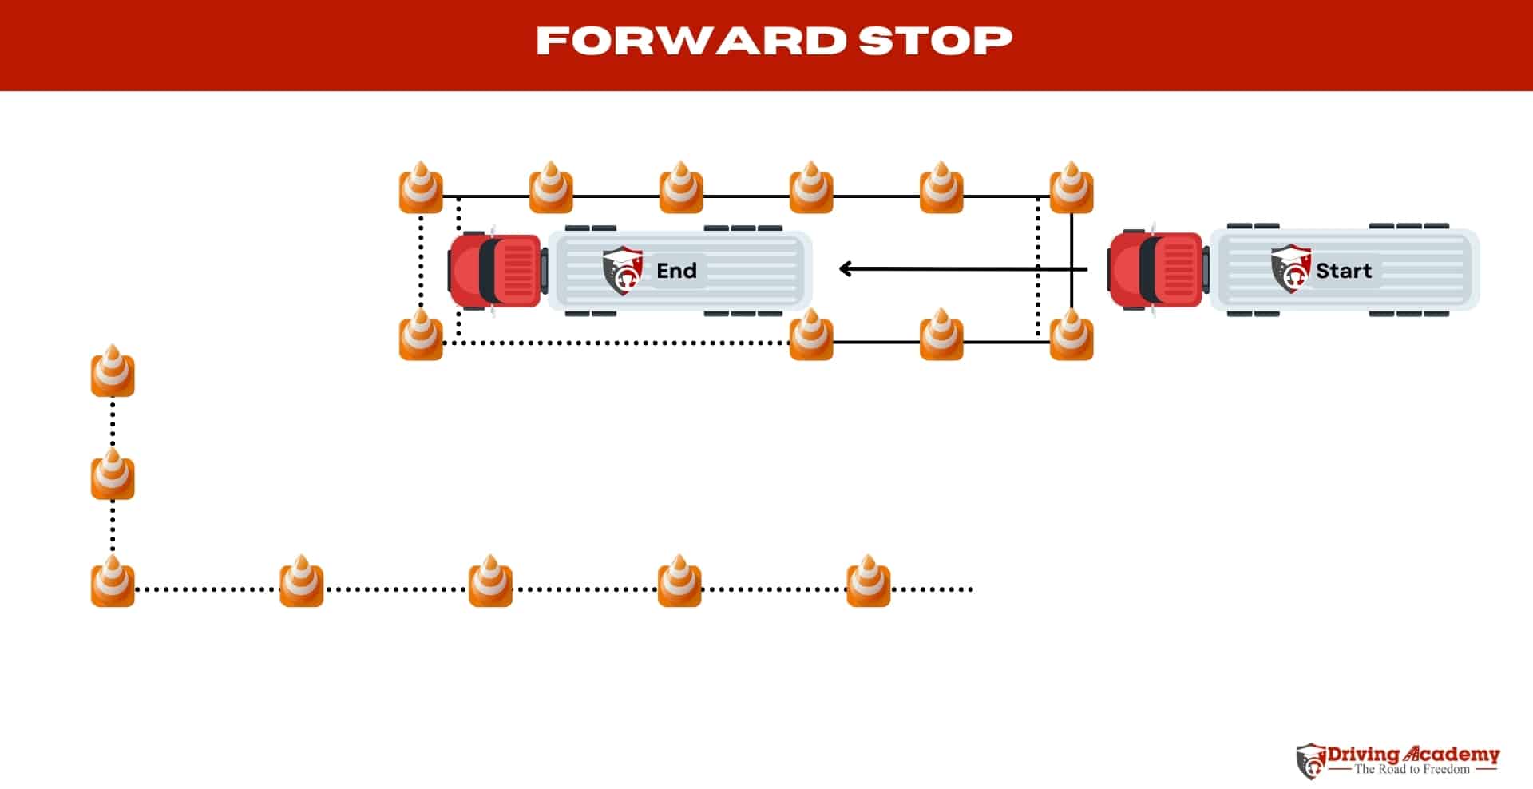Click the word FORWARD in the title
pos(691,41)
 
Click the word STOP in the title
pos(935,41)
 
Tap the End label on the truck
pos(676,271)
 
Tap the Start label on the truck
pos(1344,271)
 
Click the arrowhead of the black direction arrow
pos(846,269)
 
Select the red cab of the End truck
pos(494,270)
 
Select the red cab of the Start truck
pos(1155,269)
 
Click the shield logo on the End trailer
pos(623,270)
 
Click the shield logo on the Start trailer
pos(1290,269)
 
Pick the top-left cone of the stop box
pos(421,188)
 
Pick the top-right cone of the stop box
pos(1071,188)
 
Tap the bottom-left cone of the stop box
pos(421,335)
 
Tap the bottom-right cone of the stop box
pos(1071,335)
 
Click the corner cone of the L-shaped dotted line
pos(113,582)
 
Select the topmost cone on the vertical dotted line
pos(113,371)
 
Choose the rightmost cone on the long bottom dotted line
pos(868,582)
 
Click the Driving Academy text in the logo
pos(1413,754)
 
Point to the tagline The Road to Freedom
pos(1412,769)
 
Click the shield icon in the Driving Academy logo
pos(1310,761)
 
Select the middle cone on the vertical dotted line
pos(113,475)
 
